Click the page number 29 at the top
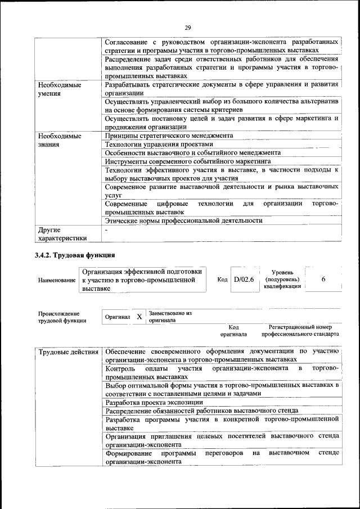tap(187, 27)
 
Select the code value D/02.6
tap(244, 279)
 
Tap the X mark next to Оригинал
tap(139, 317)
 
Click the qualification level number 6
tap(323, 279)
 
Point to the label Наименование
tap(57, 280)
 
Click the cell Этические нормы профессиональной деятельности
tap(184, 221)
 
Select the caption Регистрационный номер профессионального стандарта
tap(304, 330)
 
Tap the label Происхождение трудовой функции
tap(62, 317)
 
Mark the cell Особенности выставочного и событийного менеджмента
tap(189, 152)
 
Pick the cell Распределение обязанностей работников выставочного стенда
tap(201, 411)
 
